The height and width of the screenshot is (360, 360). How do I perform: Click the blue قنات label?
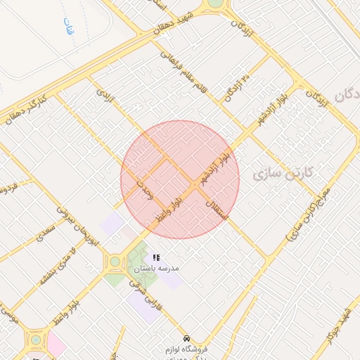coord(68,28)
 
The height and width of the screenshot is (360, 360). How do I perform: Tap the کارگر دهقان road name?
coord(24,106)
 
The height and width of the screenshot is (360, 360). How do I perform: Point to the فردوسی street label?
coord(8,188)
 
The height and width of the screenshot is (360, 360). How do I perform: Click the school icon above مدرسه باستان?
coord(156,257)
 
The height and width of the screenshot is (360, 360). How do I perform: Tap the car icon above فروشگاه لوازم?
coord(186,337)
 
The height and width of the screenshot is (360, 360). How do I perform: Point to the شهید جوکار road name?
coord(339,330)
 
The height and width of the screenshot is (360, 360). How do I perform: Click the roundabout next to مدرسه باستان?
coord(114,263)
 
